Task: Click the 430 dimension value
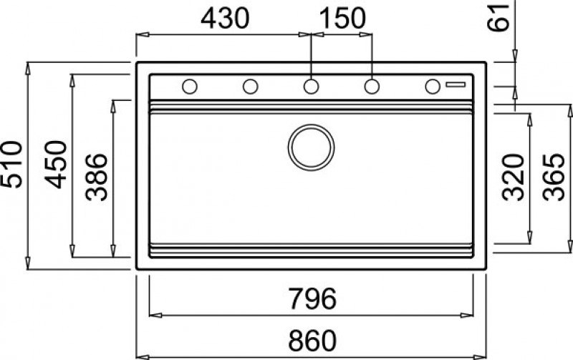(225, 19)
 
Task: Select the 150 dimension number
(342, 19)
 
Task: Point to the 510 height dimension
(11, 165)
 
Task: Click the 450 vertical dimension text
(56, 165)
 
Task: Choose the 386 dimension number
(97, 177)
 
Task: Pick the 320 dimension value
(513, 177)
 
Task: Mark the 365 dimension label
(554, 177)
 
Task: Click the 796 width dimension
(312, 298)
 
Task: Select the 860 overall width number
(312, 340)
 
